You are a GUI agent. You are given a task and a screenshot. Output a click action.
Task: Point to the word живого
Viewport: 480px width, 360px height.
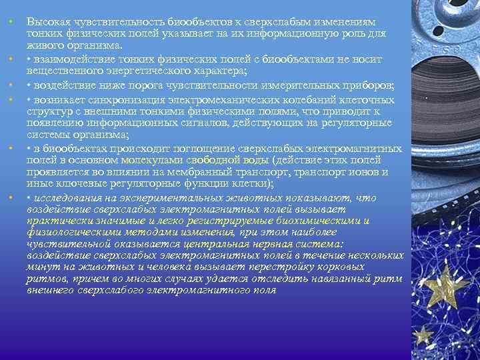(x=43, y=44)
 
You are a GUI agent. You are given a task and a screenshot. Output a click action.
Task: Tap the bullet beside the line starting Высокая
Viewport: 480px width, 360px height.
(x=12, y=23)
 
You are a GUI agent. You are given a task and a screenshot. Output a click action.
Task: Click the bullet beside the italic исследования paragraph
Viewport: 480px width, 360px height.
(x=12, y=198)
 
